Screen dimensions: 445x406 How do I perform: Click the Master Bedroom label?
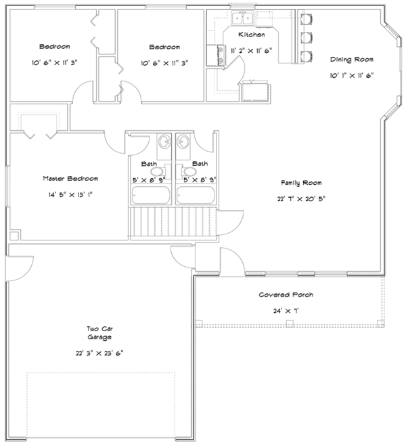tap(70, 178)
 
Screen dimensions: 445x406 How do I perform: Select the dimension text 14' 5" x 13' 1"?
tap(70, 194)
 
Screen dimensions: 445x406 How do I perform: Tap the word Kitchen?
tap(251, 34)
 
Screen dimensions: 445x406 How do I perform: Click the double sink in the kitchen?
tap(240, 18)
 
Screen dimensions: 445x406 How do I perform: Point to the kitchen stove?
tap(220, 55)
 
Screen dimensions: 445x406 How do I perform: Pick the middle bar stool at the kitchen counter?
tap(307, 36)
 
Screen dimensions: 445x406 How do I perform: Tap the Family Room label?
tap(301, 183)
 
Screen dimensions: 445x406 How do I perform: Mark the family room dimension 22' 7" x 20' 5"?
tap(301, 198)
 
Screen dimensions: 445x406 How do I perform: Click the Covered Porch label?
tap(286, 295)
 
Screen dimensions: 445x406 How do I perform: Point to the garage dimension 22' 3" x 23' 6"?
tap(98, 353)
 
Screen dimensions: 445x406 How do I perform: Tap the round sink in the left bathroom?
tap(164, 143)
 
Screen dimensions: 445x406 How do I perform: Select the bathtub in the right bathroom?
tap(196, 194)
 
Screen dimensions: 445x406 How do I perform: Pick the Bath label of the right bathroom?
tap(200, 164)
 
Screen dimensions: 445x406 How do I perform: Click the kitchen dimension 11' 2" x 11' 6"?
tap(251, 50)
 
